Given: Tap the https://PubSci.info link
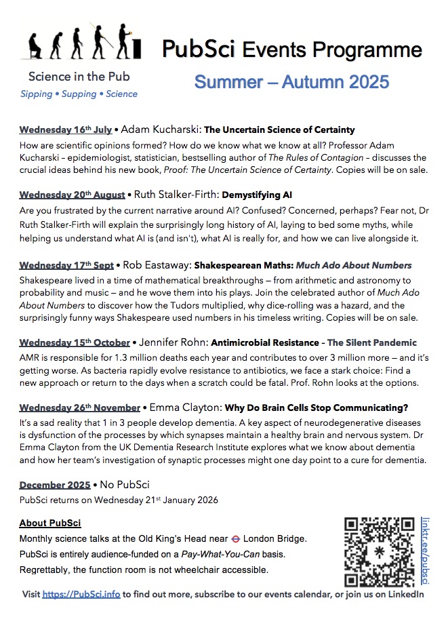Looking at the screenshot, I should (81, 595).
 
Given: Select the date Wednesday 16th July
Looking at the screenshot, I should (65, 130).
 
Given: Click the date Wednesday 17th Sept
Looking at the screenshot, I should (66, 265).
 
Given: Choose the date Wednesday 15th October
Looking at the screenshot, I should (74, 342).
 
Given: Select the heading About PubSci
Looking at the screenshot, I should (50, 523).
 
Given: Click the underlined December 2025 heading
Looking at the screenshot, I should (55, 485).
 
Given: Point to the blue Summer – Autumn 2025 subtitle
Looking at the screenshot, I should (291, 82).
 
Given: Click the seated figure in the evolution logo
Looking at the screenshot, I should (34, 46).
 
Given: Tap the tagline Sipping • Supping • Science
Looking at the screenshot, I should (79, 94).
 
